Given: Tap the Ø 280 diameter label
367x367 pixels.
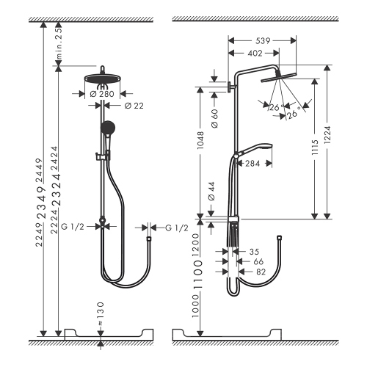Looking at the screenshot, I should point(103,94).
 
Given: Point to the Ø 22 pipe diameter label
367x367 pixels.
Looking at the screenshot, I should point(133,107).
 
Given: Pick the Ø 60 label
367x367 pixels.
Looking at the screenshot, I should point(213,120).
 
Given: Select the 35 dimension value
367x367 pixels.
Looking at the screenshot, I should point(255,250).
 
